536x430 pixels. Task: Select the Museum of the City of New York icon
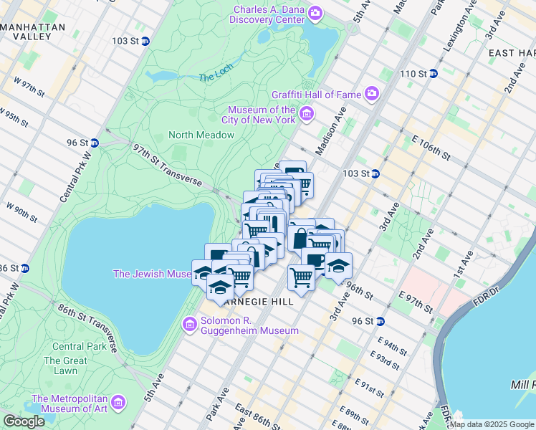[x=307, y=114]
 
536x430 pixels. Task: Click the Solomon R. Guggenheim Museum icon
[x=190, y=325]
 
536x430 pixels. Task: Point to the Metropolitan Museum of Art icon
[x=118, y=403]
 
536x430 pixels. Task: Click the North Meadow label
[x=201, y=135]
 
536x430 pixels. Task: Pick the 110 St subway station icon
[x=434, y=73]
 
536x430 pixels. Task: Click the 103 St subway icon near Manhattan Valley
[x=145, y=41]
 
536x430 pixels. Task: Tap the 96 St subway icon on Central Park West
[x=95, y=143]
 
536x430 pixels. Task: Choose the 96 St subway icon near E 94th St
[x=381, y=321]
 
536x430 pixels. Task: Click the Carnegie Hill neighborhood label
[x=258, y=302]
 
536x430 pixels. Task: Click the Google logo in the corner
[x=24, y=421]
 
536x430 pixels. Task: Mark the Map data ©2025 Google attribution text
[x=492, y=424]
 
